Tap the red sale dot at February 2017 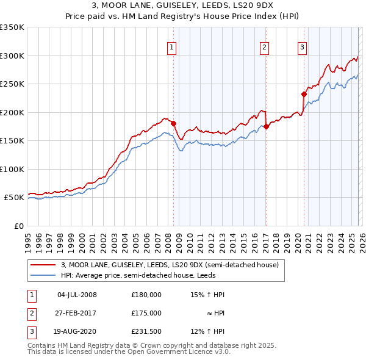tap(266, 127)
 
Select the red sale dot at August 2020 tap(304, 94)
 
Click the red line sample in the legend tap(43, 265)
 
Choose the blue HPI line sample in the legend tap(43, 275)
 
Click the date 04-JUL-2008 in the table tap(77, 295)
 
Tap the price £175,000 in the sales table tap(146, 313)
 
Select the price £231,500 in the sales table tap(146, 331)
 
